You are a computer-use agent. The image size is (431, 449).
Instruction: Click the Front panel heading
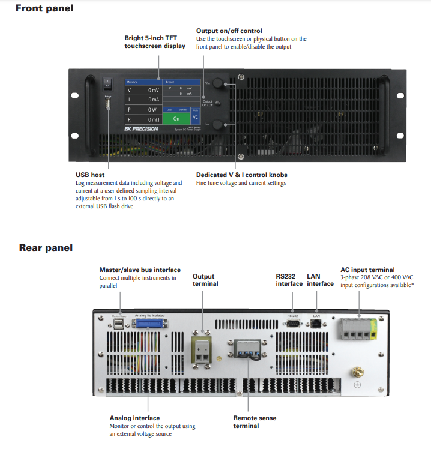tap(44, 8)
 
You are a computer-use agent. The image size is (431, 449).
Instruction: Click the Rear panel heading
tap(46, 247)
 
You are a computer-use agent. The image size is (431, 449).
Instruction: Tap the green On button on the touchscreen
tap(176, 119)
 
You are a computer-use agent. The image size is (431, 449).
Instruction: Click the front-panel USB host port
tap(107, 104)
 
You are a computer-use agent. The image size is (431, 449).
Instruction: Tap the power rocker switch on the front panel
tap(107, 83)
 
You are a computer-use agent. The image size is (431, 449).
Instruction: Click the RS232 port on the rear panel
tap(293, 322)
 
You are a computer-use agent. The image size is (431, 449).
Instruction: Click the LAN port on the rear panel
tap(316, 322)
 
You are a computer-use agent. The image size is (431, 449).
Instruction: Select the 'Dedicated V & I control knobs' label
tap(237, 175)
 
